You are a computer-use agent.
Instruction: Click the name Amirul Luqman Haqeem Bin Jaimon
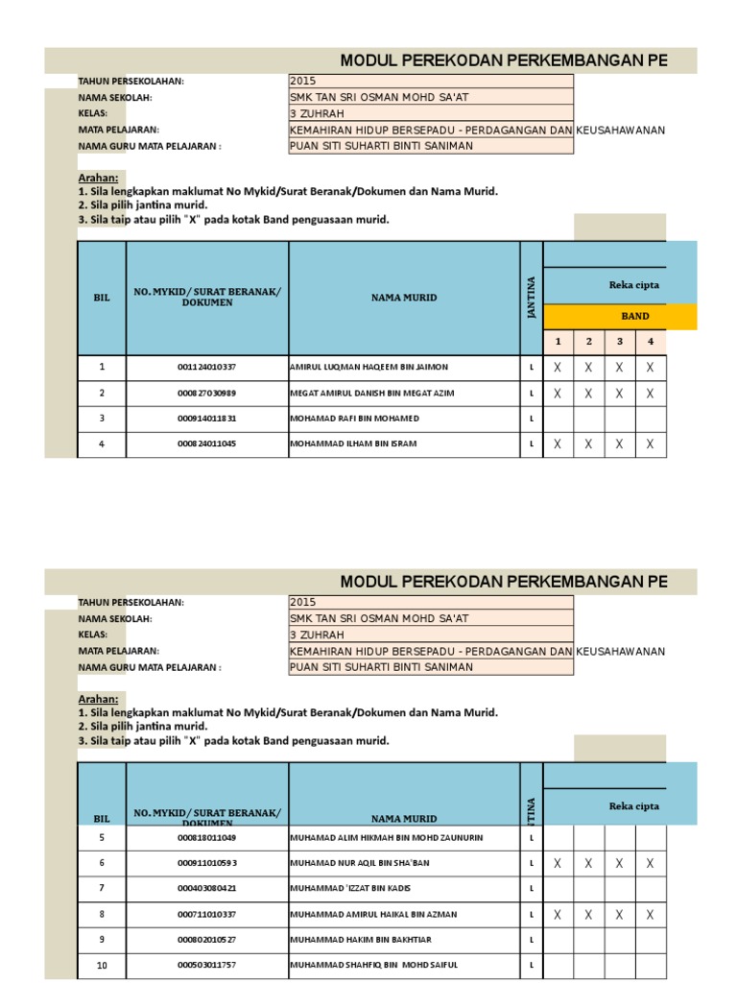[x=368, y=368]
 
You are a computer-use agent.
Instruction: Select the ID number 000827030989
[x=206, y=394]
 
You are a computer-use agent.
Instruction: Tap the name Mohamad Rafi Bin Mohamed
[x=354, y=419]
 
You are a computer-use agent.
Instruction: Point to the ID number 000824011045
[x=206, y=444]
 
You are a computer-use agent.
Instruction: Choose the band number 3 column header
[x=620, y=341]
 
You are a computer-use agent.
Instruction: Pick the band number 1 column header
[x=558, y=341]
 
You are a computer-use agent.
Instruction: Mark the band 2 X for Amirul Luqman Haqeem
[x=588, y=368]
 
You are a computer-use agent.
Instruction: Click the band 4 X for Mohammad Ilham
[x=651, y=444]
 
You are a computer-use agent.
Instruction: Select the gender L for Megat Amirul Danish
[x=531, y=394]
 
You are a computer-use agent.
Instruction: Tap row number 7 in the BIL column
[x=101, y=889]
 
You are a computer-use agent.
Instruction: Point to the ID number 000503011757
[x=206, y=965]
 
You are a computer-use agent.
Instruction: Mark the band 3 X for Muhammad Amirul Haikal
[x=620, y=915]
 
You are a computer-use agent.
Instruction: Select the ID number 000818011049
[x=206, y=838]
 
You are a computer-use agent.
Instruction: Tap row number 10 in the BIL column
[x=101, y=965]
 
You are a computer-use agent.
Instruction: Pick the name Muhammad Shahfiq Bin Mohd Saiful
[x=374, y=965]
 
